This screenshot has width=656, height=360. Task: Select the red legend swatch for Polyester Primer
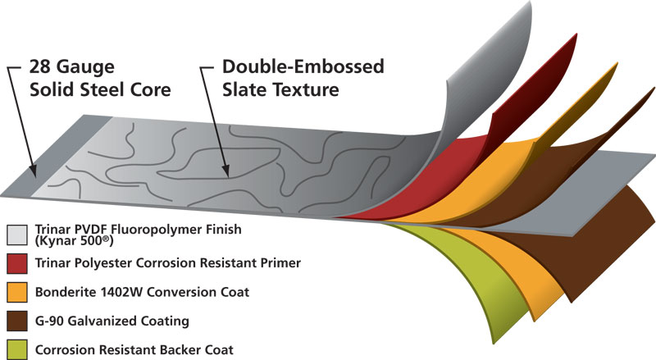click(17, 264)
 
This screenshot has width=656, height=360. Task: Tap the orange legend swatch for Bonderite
click(17, 291)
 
